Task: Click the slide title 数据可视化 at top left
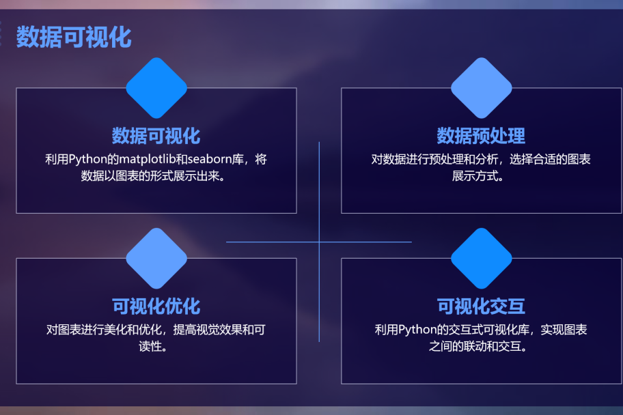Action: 74,37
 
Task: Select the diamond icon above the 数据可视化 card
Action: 156,88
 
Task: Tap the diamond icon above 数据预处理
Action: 482,88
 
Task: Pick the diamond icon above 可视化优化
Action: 156,258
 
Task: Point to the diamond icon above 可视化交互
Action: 482,258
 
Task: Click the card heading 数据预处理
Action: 481,135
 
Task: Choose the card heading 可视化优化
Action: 156,306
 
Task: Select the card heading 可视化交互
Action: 481,306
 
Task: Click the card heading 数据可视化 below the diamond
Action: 156,135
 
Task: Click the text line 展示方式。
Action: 481,176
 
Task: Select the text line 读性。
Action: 156,347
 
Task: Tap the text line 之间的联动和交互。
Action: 481,347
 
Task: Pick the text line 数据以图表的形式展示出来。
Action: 156,176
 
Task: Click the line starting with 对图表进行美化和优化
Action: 156,330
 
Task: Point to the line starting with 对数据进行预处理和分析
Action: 481,160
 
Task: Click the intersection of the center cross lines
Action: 319,242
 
